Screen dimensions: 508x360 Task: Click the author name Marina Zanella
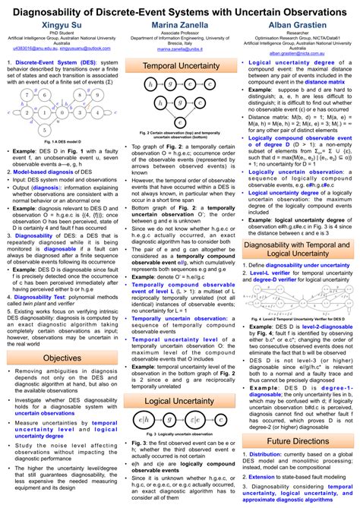pos(180,25)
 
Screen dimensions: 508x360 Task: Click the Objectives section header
pos(62,358)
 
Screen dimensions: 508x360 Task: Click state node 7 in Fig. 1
pos(27,94)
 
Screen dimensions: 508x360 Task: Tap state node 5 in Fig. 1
pos(51,94)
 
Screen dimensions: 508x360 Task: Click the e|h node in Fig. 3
pos(143,419)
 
